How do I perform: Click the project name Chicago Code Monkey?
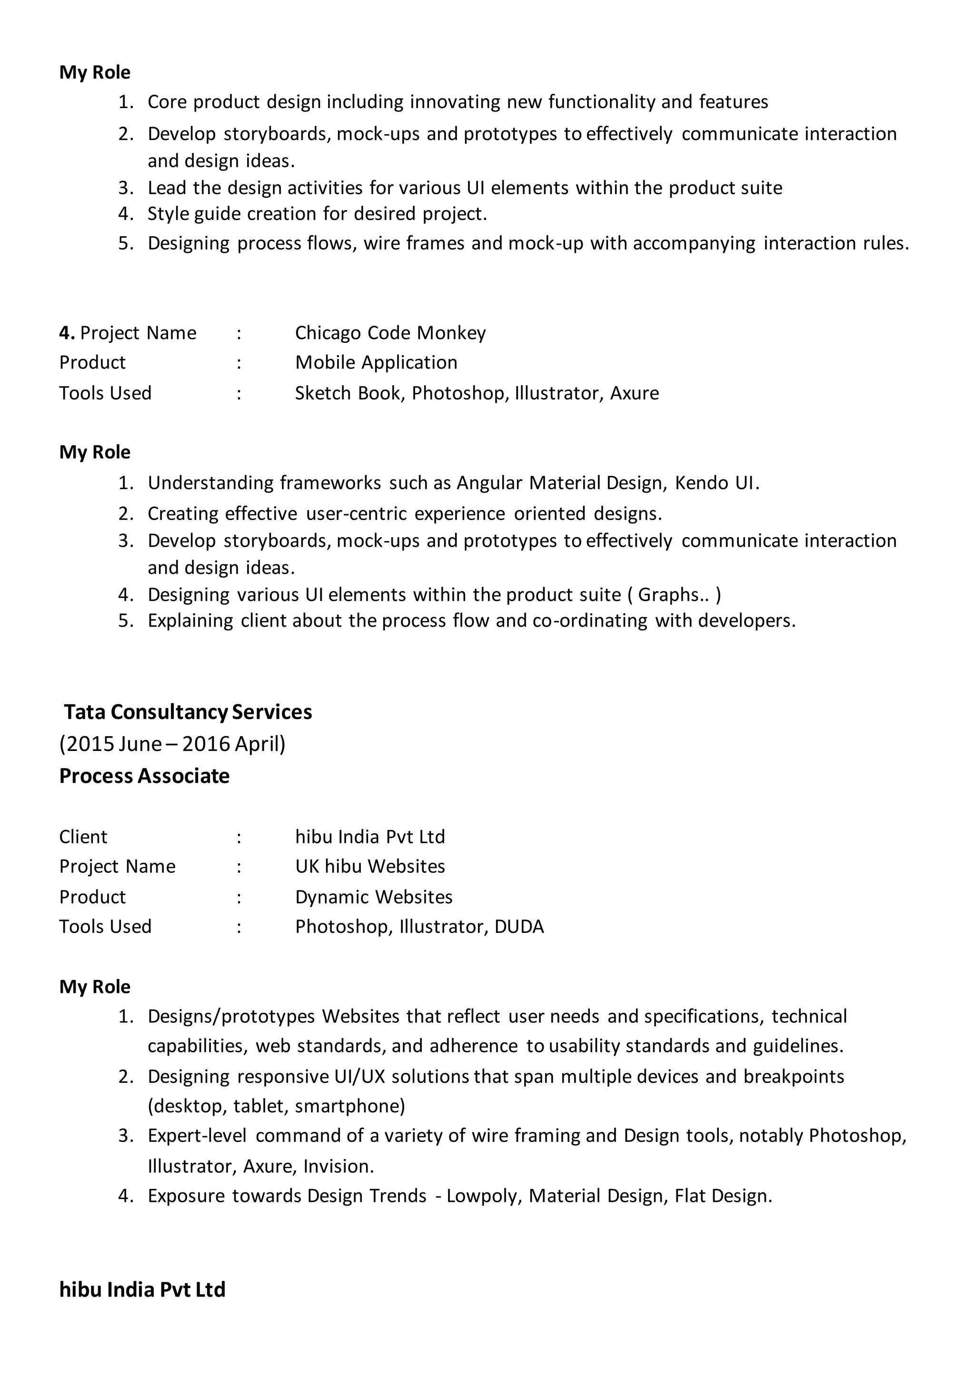[390, 333]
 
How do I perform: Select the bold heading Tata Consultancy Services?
[188, 712]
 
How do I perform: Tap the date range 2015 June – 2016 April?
[172, 744]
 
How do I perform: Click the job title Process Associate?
[144, 776]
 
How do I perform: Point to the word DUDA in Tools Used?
[519, 927]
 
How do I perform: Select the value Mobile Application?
[376, 363]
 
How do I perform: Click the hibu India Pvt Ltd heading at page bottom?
[142, 1289]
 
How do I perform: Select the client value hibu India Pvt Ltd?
[370, 837]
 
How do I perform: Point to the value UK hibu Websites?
[370, 867]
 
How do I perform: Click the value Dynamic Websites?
[373, 897]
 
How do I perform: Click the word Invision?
[338, 1166]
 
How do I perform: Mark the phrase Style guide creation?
[232, 214]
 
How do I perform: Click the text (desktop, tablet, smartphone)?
[276, 1106]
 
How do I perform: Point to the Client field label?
[83, 837]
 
